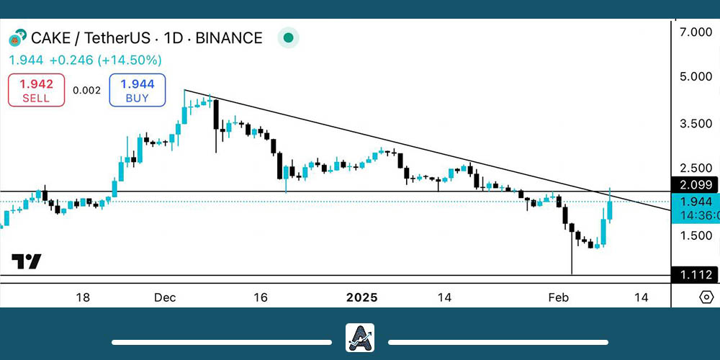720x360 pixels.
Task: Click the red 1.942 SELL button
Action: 37,91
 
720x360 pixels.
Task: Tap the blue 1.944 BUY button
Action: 138,91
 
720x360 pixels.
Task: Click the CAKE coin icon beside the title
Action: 17,37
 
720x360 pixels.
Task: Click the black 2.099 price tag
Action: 694,185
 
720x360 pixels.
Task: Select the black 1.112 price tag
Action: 694,274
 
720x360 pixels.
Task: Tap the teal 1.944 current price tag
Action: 694,202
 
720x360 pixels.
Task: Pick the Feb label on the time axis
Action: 558,297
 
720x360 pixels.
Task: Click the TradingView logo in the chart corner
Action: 26,261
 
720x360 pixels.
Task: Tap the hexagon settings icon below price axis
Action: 706,297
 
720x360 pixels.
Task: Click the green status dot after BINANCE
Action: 289,37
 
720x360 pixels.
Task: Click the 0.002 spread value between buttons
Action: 86,91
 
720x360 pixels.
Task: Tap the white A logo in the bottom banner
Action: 359,338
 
